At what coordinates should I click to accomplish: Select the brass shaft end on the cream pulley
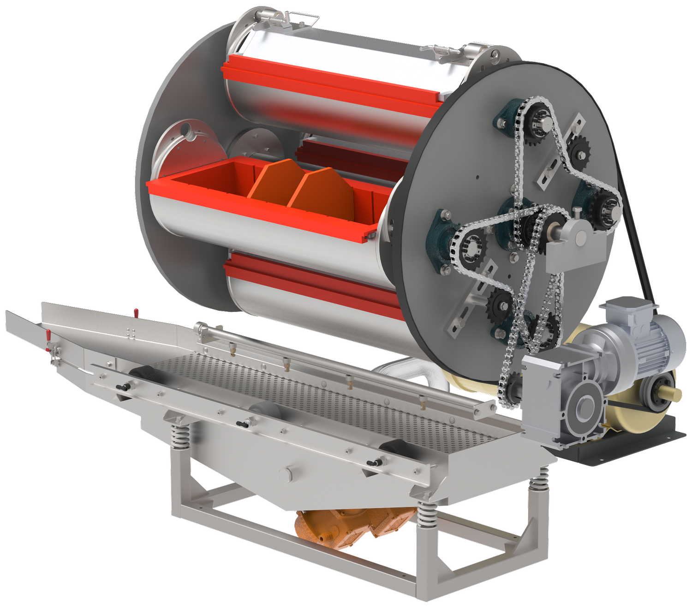[x=674, y=393]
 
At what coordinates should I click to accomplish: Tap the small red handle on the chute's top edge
[x=136, y=313]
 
